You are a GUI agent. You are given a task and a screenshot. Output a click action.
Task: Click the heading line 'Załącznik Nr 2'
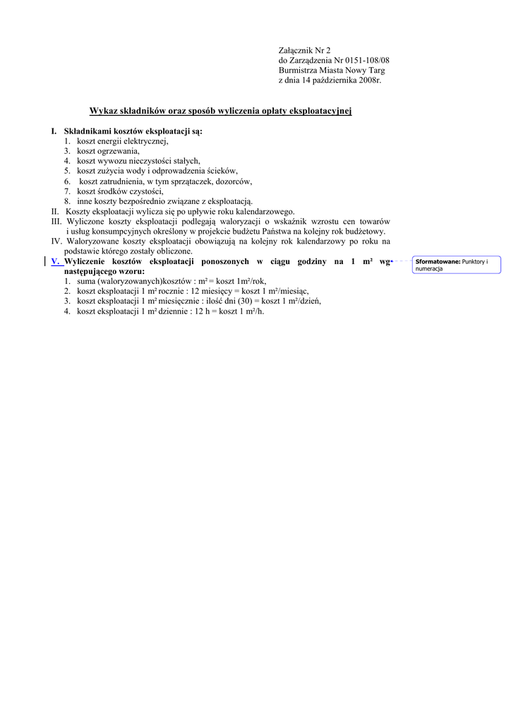click(x=304, y=50)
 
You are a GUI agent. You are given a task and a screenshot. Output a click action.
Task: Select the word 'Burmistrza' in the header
click(x=299, y=71)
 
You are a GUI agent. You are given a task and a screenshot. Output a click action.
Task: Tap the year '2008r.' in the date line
click(x=369, y=80)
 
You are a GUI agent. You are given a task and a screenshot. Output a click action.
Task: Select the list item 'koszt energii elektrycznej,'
click(x=123, y=141)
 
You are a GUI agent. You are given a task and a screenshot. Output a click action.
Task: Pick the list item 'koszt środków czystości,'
click(x=120, y=191)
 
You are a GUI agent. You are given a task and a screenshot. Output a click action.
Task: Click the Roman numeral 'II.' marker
click(x=55, y=211)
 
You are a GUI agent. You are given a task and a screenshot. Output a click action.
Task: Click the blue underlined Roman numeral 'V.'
click(x=55, y=261)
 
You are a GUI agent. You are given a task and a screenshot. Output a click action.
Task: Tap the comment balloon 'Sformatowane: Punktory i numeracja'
click(x=457, y=265)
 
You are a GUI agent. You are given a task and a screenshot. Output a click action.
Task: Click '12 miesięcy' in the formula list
click(x=210, y=291)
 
